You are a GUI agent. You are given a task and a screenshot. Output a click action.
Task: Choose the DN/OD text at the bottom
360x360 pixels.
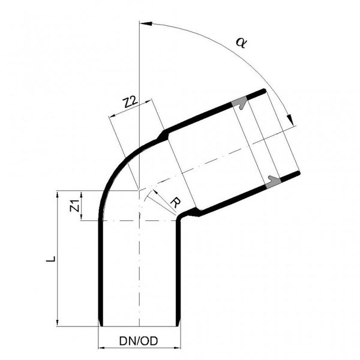pos(139,341)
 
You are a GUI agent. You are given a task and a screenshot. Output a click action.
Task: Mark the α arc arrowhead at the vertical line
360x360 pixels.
pos(143,23)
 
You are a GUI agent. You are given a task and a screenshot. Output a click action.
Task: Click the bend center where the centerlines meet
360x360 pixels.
pos(139,190)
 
